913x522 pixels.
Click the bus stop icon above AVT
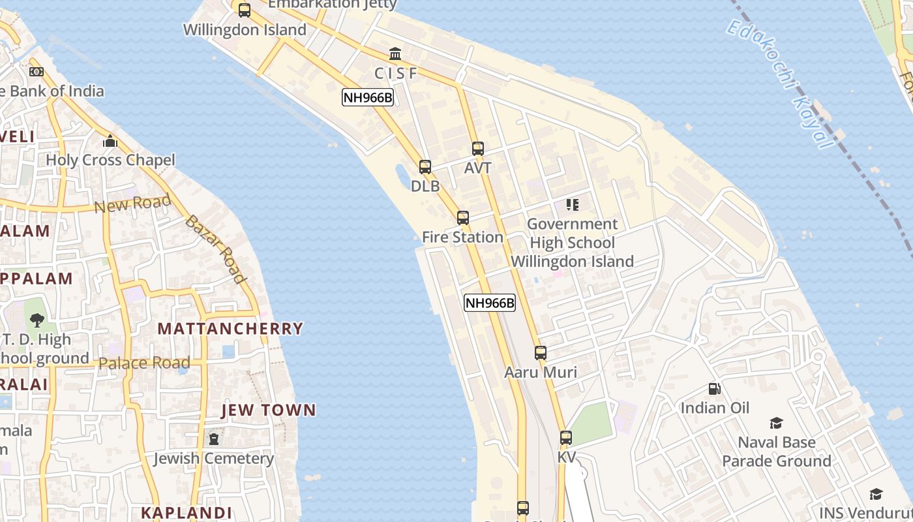click(478, 149)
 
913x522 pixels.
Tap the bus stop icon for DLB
click(425, 167)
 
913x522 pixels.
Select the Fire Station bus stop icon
click(463, 218)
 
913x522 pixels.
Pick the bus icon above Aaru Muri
click(541, 353)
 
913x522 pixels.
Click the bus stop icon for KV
click(566, 438)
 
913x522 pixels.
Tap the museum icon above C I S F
click(395, 54)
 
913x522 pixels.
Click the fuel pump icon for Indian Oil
click(715, 389)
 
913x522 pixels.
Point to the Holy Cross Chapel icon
click(110, 141)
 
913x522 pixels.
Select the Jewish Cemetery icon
click(214, 439)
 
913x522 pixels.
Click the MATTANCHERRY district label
click(231, 328)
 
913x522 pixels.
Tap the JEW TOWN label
click(269, 410)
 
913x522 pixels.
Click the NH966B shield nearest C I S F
click(368, 98)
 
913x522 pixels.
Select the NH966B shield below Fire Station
click(490, 303)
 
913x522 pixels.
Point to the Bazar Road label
click(216, 249)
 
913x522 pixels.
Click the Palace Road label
click(144, 363)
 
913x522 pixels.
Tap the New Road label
click(132, 204)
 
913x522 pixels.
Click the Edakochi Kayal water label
click(780, 84)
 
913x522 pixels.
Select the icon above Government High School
click(573, 205)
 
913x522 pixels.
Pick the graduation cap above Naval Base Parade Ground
click(776, 423)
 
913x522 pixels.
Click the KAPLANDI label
click(187, 513)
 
